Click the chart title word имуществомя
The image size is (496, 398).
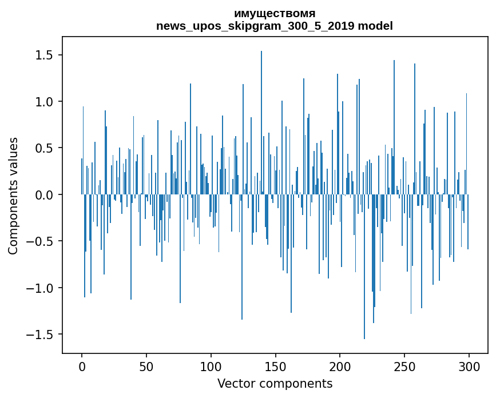[275, 13]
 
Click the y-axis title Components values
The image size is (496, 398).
[13, 196]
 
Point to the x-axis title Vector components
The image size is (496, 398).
[275, 383]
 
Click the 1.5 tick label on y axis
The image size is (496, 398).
[45, 55]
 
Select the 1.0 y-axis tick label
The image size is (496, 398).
[45, 102]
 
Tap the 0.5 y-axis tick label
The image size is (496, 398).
[45, 148]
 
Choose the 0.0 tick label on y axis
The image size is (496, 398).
[45, 195]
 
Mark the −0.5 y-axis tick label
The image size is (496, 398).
[41, 241]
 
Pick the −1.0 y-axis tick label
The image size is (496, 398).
[41, 288]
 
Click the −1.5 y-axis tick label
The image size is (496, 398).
[41, 335]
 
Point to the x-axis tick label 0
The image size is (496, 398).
[82, 366]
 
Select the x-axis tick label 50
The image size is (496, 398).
[146, 366]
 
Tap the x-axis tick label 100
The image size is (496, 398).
[211, 366]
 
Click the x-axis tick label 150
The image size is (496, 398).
[276, 366]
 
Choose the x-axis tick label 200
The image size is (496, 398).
[340, 366]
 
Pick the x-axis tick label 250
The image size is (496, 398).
[404, 366]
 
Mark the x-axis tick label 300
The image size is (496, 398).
[469, 366]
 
